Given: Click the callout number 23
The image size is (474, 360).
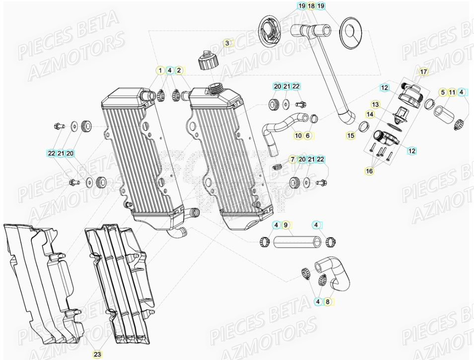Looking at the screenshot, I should (97, 354).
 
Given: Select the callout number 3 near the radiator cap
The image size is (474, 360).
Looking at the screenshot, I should (227, 43).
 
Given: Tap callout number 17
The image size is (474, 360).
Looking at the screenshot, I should (423, 72).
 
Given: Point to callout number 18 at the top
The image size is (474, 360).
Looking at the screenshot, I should (311, 6).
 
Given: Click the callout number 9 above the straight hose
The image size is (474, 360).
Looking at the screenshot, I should (286, 225).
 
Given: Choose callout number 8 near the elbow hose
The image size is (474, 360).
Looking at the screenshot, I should (327, 301).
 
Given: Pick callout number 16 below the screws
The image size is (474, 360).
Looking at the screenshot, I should (369, 171).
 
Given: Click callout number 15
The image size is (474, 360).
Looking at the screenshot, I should (351, 135).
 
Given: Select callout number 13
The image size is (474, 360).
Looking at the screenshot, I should (375, 105).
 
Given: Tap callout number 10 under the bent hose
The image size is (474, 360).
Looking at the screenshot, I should (298, 135).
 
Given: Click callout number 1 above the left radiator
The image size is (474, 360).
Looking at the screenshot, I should (160, 71).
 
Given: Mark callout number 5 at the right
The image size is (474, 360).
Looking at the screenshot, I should (442, 92).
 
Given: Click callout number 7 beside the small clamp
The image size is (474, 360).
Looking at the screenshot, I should (293, 159).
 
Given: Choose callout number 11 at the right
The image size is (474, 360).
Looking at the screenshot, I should (452, 92).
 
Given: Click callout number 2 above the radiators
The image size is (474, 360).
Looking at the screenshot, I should (179, 71).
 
